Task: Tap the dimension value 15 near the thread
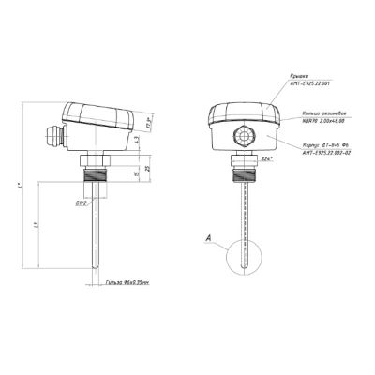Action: tap(122, 173)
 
